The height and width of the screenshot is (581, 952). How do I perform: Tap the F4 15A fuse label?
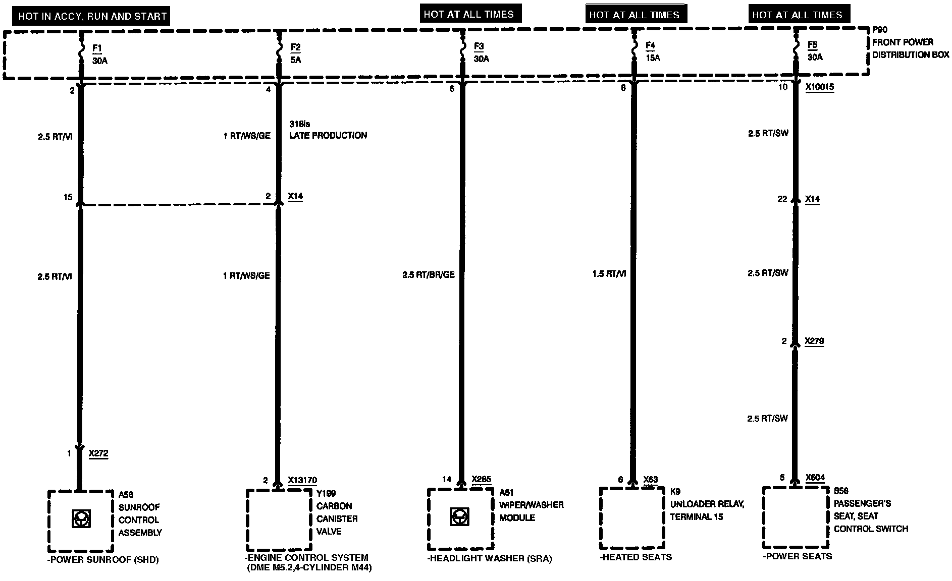(652, 51)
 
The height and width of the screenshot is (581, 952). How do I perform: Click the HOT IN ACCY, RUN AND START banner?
(92, 16)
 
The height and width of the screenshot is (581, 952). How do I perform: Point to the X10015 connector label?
(820, 87)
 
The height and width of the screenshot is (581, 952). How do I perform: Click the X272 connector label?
(98, 453)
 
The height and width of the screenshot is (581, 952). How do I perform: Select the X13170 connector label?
(302, 480)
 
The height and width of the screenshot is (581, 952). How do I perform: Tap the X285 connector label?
(481, 479)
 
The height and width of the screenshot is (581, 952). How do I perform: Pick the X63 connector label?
(651, 479)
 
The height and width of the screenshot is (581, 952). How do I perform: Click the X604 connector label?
(815, 478)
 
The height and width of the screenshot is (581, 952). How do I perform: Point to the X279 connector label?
(814, 341)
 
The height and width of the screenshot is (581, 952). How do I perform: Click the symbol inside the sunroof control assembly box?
(81, 519)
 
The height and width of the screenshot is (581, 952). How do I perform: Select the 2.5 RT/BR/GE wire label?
(429, 275)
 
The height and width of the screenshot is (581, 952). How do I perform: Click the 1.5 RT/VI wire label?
(609, 274)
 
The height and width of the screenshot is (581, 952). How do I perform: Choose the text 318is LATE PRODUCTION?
(328, 130)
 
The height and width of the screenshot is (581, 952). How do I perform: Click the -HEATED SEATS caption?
(636, 557)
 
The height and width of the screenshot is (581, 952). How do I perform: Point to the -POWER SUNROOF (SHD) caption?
(102, 559)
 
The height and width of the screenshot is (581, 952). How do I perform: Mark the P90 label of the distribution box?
(880, 30)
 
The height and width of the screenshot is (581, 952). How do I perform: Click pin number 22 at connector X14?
(782, 199)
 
